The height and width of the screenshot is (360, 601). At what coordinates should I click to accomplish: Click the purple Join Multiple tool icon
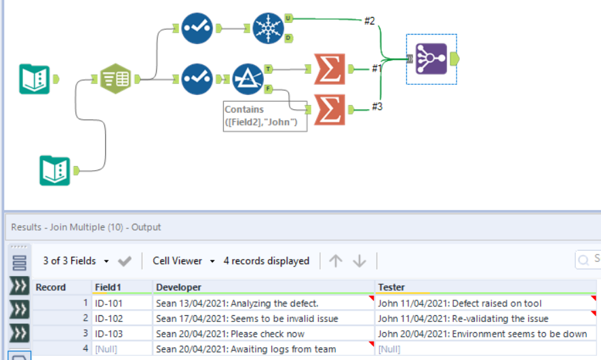point(431,59)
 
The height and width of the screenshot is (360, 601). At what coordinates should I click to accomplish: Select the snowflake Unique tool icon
point(269,28)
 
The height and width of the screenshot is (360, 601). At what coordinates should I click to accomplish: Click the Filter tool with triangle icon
point(248,79)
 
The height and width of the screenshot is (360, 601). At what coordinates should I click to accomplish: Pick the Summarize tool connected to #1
point(330,68)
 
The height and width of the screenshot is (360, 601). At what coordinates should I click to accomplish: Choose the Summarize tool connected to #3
point(330,108)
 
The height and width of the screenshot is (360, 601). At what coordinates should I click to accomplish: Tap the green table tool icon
point(116,79)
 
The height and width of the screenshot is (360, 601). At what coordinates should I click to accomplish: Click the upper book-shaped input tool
point(35,79)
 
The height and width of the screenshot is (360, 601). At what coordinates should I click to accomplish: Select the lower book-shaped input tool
point(54,169)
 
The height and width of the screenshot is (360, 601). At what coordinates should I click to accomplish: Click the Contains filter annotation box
point(265,116)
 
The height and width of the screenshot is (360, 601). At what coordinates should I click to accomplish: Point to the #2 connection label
point(369,21)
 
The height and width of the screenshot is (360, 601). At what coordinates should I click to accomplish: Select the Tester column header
point(391,287)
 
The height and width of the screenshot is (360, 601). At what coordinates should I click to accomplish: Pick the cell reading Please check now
point(230,334)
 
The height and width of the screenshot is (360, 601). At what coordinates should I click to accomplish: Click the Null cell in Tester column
point(389,349)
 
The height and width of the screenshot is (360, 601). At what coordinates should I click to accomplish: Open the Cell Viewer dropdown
point(184,260)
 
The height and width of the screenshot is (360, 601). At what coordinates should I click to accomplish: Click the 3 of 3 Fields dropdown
point(76,260)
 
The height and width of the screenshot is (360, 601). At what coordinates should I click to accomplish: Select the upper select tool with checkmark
point(197,28)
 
